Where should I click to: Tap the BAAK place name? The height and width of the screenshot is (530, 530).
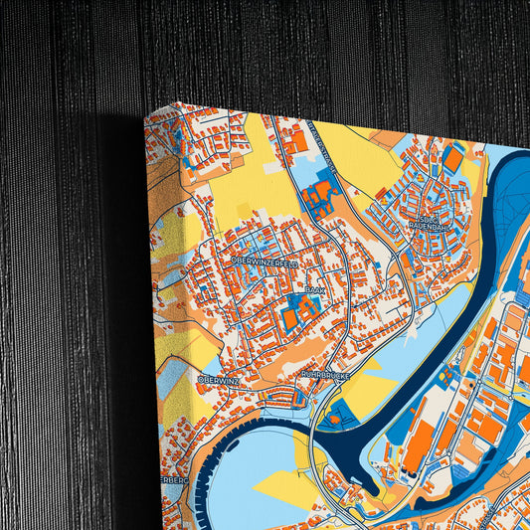click(314, 289)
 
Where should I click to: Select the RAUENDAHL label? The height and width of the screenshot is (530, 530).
click(429, 226)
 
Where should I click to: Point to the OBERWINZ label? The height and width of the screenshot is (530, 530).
click(217, 379)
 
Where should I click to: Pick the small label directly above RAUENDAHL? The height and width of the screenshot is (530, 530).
click(428, 215)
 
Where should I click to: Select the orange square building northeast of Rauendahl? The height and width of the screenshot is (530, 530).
click(453, 159)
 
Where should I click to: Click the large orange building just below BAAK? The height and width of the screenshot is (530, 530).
click(289, 317)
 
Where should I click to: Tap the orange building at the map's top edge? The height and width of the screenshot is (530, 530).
click(297, 141)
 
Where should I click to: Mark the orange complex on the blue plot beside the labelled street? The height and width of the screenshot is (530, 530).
click(320, 194)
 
